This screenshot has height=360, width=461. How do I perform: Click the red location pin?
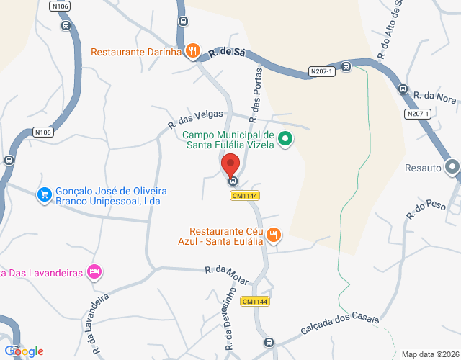(230, 165)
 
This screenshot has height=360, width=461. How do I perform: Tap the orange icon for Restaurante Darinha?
(192, 50)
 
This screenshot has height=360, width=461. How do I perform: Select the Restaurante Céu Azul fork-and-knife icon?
(274, 234)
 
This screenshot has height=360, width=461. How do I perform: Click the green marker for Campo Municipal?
(285, 138)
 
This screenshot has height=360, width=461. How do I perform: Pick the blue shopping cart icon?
(45, 194)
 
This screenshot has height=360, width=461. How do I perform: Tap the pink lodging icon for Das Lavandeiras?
(94, 271)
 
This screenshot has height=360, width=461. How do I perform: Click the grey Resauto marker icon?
(452, 167)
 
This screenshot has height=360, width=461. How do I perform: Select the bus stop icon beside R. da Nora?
(403, 89)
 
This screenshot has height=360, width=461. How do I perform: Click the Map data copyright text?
(429, 354)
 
